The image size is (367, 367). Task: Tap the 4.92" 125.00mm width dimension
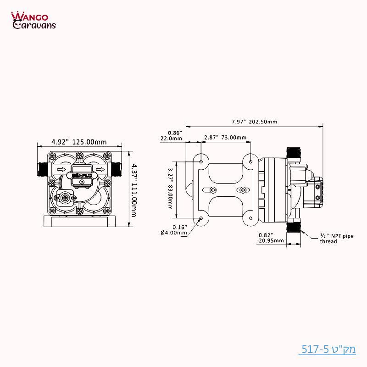78,141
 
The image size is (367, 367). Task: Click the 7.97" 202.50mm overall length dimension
254,122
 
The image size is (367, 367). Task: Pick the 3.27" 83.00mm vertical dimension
170,189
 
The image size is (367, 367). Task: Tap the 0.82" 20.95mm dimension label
267,238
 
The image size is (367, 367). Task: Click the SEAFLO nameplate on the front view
81,174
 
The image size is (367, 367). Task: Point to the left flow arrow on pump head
61,171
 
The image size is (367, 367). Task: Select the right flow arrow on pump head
100,171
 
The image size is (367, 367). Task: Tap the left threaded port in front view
41,169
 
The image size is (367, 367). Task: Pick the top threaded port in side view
292,153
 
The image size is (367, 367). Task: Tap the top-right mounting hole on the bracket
250,161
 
